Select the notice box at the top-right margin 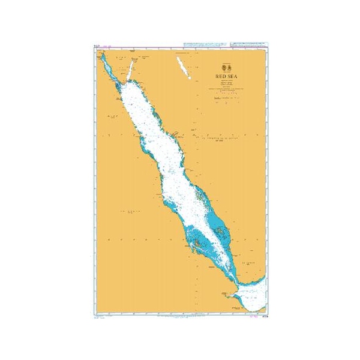(x=247, y=45)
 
